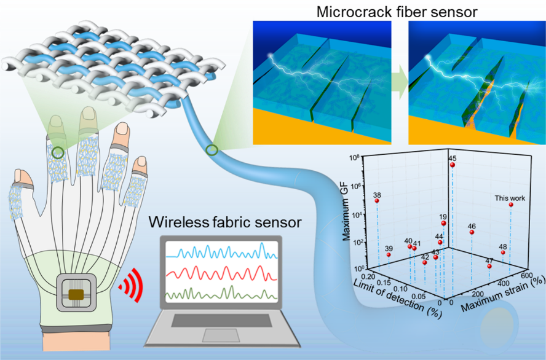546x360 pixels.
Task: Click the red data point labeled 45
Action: (x=453, y=165)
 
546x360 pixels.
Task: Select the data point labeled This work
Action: (x=511, y=205)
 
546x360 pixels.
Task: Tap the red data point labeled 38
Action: (x=377, y=201)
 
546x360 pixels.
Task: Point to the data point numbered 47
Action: (x=489, y=266)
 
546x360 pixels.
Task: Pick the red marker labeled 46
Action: (x=472, y=232)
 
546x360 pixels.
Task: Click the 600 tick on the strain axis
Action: (x=528, y=276)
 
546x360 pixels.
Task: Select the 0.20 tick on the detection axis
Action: (x=368, y=276)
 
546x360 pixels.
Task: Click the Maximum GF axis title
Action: (x=346, y=214)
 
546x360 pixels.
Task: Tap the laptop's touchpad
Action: (x=221, y=335)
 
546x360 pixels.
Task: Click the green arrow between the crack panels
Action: (x=400, y=84)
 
